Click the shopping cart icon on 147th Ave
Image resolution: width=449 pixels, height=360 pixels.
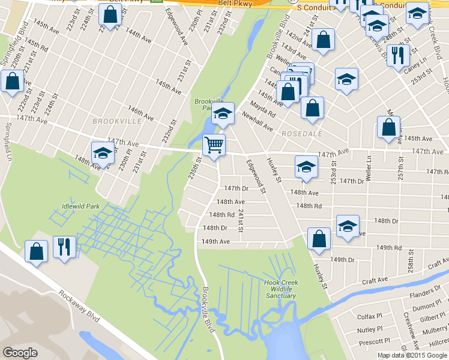pyautogui.click(x=214, y=145)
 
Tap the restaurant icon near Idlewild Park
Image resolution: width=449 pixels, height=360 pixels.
pyautogui.click(x=64, y=247)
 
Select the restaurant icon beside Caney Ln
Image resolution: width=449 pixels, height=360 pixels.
pyautogui.click(x=399, y=56)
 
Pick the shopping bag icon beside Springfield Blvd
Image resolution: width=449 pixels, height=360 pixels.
pyautogui.click(x=12, y=81)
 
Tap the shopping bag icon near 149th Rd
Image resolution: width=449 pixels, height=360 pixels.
pyautogui.click(x=319, y=238)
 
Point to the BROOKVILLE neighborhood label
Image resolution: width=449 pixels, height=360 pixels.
pyautogui.click(x=117, y=121)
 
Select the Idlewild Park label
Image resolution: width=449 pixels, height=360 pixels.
pyautogui.click(x=80, y=207)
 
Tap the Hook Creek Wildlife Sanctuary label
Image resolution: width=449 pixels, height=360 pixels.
pyautogui.click(x=280, y=289)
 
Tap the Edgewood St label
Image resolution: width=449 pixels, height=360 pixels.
pyautogui.click(x=255, y=176)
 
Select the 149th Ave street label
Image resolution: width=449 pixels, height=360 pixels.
pyautogui.click(x=215, y=242)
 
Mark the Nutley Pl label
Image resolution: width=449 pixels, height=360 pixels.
pyautogui.click(x=370, y=329)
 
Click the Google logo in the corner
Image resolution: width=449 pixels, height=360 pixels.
pyautogui.click(x=20, y=353)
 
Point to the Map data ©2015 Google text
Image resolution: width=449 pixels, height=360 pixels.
pyautogui.click(x=412, y=355)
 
